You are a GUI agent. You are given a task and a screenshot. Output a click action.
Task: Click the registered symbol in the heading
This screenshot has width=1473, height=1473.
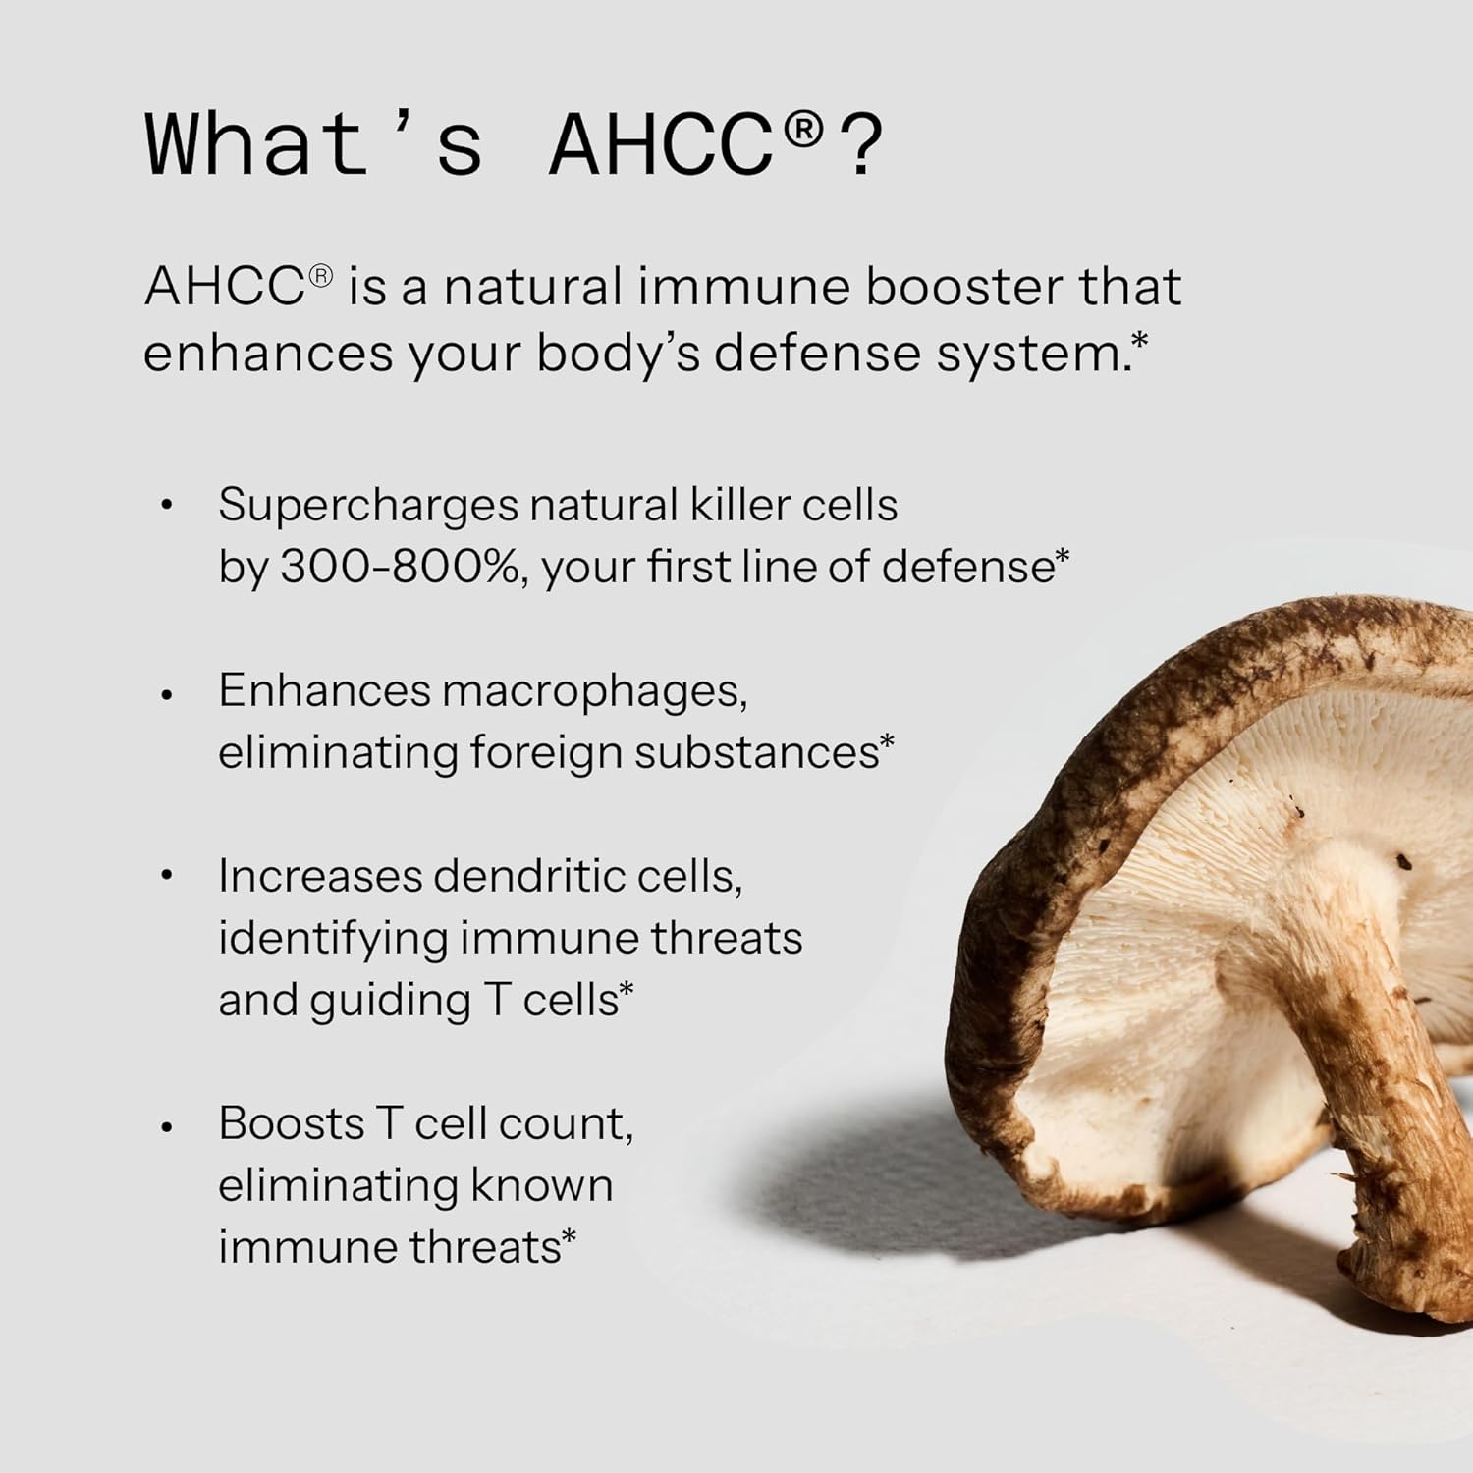coord(802,130)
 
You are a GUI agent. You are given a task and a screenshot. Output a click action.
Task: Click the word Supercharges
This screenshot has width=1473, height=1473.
coord(367,506)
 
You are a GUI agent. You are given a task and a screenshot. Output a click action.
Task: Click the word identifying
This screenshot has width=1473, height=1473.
coord(333,939)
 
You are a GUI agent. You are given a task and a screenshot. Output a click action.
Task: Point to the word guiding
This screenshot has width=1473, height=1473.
coord(391,1001)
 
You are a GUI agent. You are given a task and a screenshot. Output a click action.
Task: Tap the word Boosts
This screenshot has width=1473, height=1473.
coord(291,1123)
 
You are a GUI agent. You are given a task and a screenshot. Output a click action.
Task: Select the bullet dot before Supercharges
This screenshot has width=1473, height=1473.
coord(167,507)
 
